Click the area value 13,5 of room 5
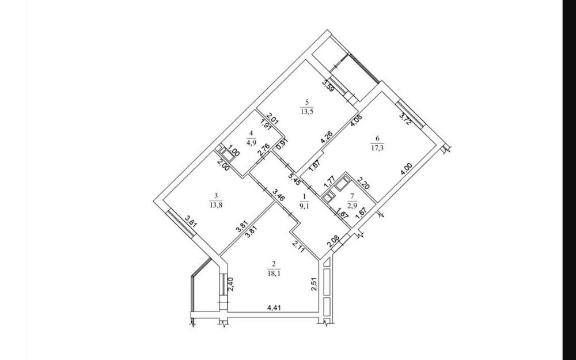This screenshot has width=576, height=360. pyautogui.click(x=306, y=112)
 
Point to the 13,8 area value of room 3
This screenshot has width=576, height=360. pyautogui.click(x=215, y=206)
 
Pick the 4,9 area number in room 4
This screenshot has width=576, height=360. pyautogui.click(x=251, y=143)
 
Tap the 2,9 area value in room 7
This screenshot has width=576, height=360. pyautogui.click(x=353, y=206)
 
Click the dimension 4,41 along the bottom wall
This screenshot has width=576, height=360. pyautogui.click(x=273, y=308)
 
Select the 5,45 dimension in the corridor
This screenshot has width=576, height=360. pyautogui.click(x=294, y=179)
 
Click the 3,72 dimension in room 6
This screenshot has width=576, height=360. pyautogui.click(x=406, y=119)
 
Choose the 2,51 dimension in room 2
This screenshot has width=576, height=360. pyautogui.click(x=314, y=284)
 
